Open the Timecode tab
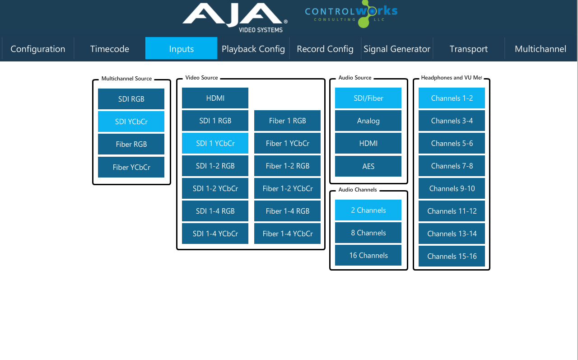109,49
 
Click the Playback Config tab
253,49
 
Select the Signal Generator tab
397,49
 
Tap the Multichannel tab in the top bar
541,49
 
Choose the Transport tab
469,49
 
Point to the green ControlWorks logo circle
364,22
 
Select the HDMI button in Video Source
215,98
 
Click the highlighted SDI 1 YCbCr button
215,143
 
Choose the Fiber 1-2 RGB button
287,166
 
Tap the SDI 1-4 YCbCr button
215,234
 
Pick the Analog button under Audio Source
368,121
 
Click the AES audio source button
368,166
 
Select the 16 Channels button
368,255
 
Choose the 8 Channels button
368,233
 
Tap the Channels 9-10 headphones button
452,188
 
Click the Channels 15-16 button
452,256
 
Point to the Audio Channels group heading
357,190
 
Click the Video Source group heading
201,78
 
